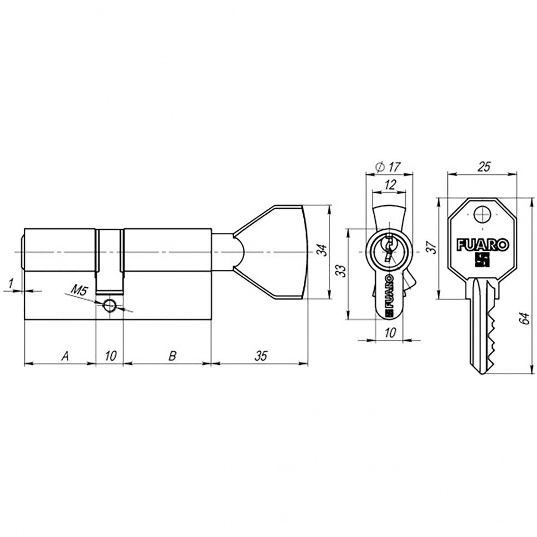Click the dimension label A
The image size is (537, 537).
point(65,355)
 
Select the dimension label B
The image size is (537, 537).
point(172,355)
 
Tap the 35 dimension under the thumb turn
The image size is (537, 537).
point(261,355)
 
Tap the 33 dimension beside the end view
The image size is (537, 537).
point(342,271)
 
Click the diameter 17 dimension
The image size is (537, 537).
point(388,166)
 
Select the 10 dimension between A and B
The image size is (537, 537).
point(110,355)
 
